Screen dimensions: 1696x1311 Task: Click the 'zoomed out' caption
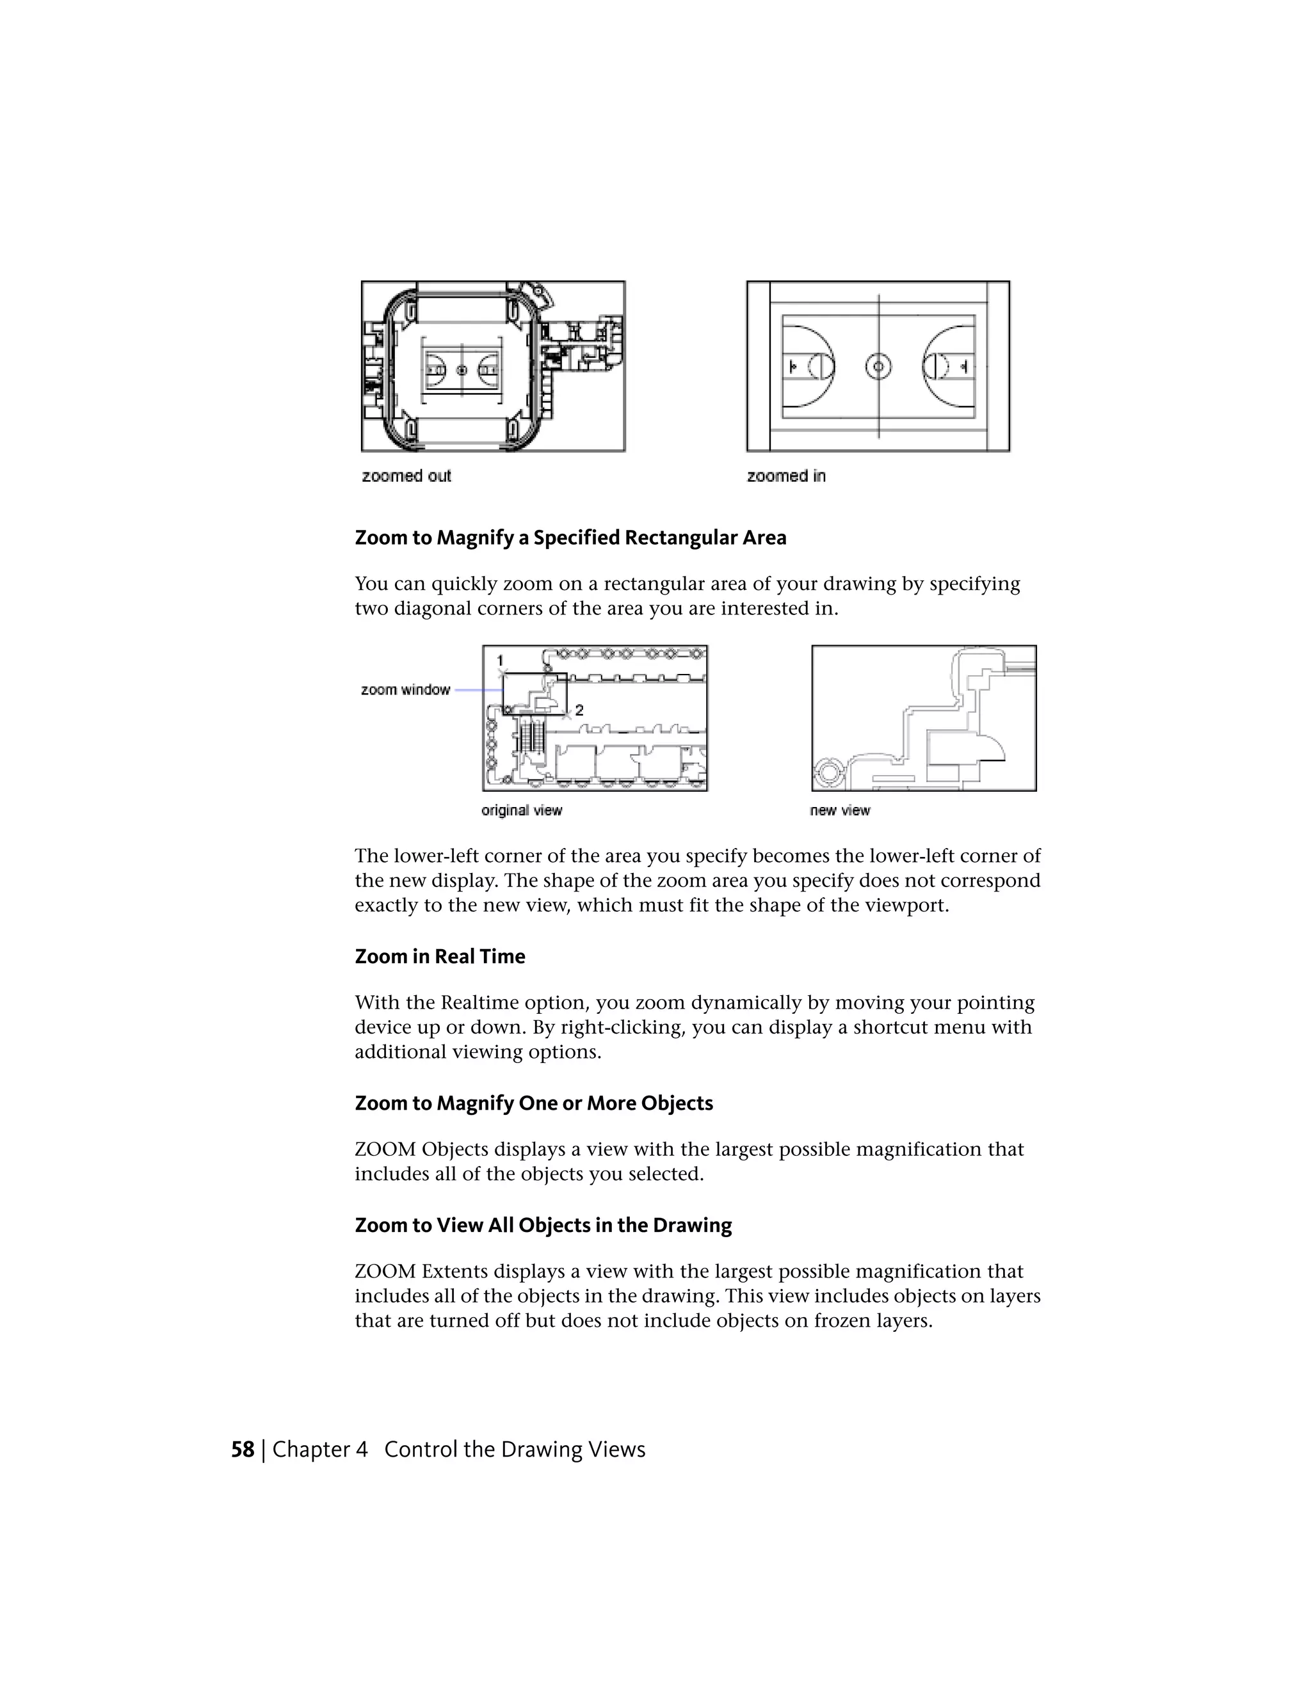[x=406, y=476]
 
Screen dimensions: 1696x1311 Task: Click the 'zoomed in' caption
[x=786, y=476]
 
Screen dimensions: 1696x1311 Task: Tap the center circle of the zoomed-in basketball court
[x=878, y=367]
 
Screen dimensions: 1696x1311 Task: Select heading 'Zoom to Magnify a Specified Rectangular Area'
[x=570, y=538]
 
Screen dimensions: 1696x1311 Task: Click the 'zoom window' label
[x=405, y=689]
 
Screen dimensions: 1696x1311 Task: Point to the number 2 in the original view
[x=579, y=710]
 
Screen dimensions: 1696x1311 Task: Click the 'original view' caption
[x=521, y=810]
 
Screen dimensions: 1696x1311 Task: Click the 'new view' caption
[x=840, y=810]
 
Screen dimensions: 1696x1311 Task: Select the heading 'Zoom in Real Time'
[x=440, y=956]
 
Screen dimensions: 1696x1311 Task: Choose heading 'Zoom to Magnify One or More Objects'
[x=534, y=1103]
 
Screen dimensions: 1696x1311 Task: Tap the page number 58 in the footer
[x=243, y=1449]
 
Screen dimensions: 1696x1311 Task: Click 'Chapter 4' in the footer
[x=319, y=1449]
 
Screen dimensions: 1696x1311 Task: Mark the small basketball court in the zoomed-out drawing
[x=462, y=371]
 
